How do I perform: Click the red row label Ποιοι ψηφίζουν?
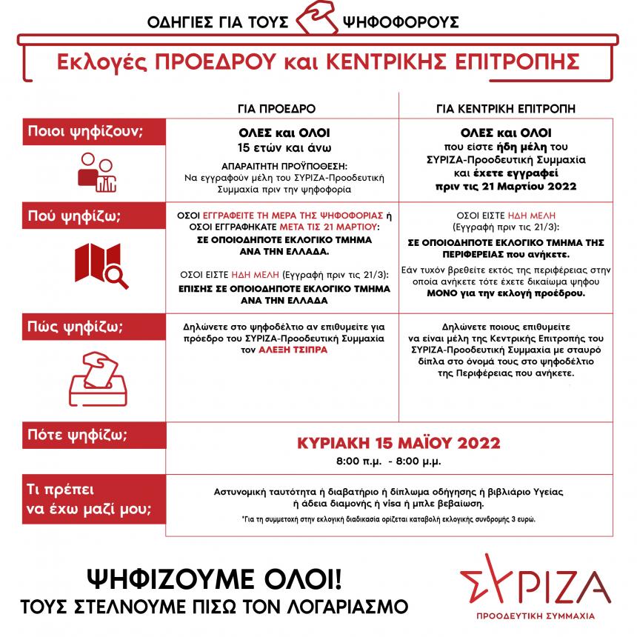(x=85, y=132)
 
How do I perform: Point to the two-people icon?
(x=97, y=175)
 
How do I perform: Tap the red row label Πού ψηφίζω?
(x=74, y=218)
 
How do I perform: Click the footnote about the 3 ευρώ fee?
(x=388, y=519)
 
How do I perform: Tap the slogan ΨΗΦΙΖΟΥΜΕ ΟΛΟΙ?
(x=216, y=578)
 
